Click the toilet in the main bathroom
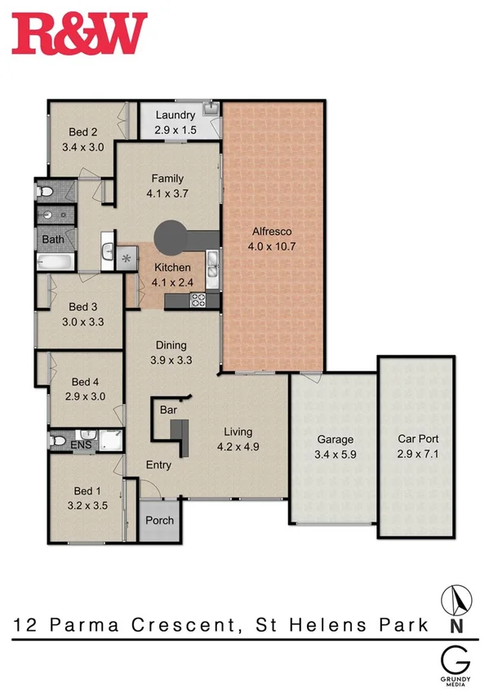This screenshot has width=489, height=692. tap(46, 191)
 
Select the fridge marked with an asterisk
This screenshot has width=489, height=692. tap(126, 259)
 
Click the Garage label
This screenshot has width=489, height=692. tap(335, 439)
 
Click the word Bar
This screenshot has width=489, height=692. tap(169, 409)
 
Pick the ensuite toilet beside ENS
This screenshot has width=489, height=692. tap(56, 441)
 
